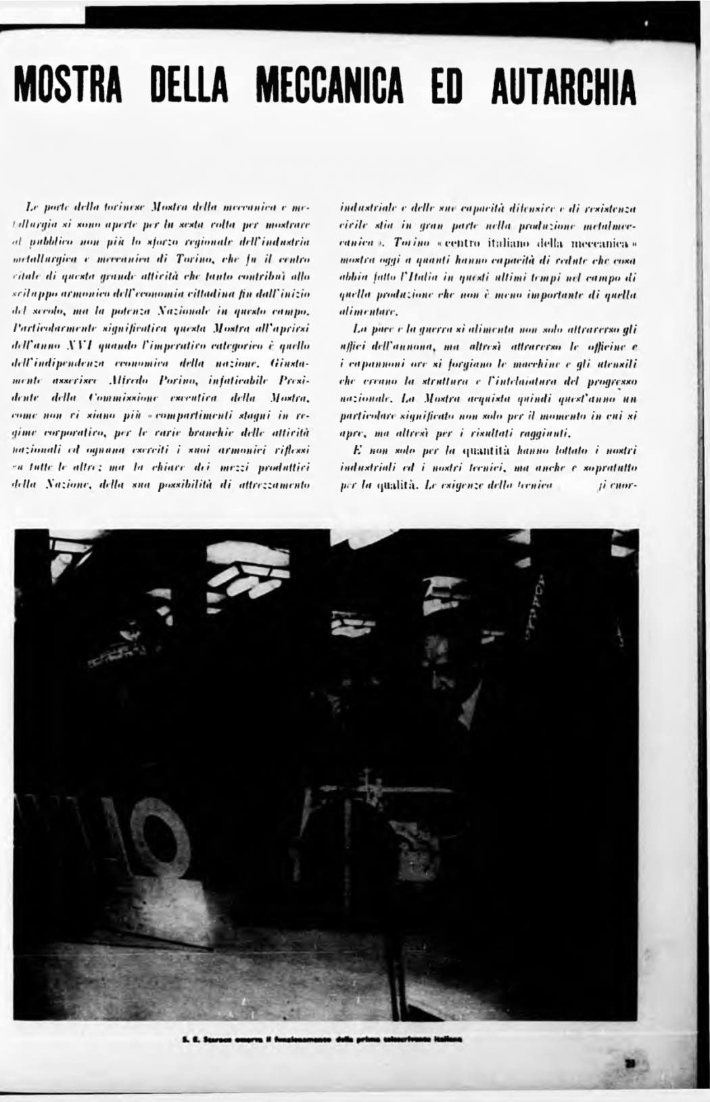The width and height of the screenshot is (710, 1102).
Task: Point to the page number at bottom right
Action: click(632, 1063)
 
